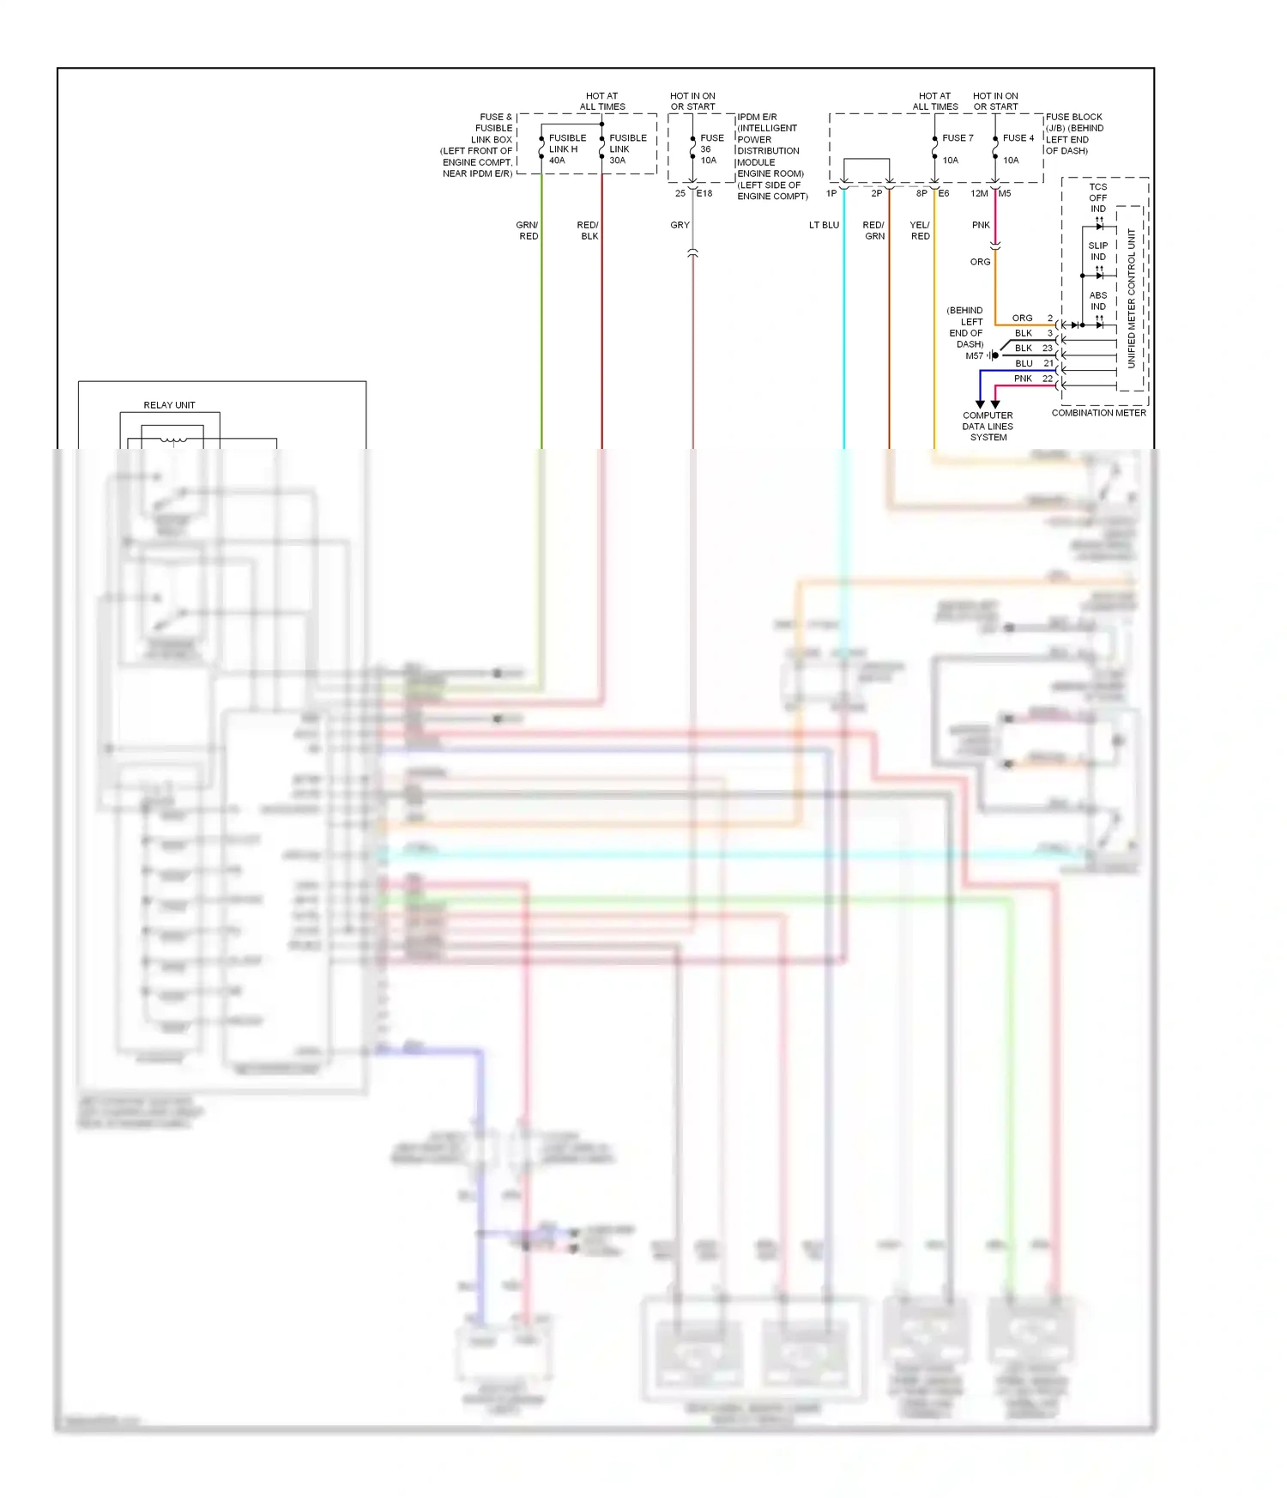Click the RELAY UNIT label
tap(169, 404)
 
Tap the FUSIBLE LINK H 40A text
tap(566, 149)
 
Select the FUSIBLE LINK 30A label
tap(627, 149)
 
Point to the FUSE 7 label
tap(958, 137)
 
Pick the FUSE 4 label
tap(1018, 137)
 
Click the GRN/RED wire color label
tap(528, 230)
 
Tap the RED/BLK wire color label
tap(589, 230)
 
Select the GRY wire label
tap(680, 225)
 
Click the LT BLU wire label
tap(824, 225)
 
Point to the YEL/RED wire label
tap(920, 230)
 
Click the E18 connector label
tap(704, 193)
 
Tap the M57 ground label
tap(974, 355)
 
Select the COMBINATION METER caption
tap(1098, 413)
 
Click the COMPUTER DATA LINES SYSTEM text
tap(988, 426)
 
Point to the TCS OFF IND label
tap(1098, 197)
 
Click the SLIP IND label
tap(1098, 251)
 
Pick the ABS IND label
tap(1098, 300)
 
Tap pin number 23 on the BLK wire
tap(1048, 348)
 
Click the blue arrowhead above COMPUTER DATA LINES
tap(980, 403)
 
